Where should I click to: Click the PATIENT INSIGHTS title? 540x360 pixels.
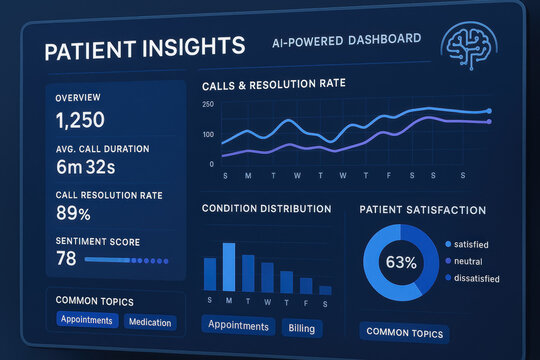tap(131, 47)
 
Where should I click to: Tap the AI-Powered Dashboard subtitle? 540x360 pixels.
tap(346, 41)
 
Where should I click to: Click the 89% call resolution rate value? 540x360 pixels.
tap(73, 214)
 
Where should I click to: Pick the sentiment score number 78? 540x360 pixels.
tap(66, 259)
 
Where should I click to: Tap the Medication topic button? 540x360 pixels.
tap(150, 322)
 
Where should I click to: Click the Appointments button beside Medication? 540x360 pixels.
tap(86, 322)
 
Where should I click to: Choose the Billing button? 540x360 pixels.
tap(301, 326)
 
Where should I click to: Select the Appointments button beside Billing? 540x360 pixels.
tap(238, 326)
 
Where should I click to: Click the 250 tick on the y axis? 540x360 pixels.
tap(208, 104)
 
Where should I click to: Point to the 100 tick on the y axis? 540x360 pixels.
tap(208, 134)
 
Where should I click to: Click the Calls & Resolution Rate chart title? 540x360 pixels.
tap(273, 84)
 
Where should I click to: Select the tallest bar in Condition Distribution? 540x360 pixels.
tap(229, 266)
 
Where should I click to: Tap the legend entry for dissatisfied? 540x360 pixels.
tap(476, 278)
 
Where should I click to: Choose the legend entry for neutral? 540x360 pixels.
tap(468, 261)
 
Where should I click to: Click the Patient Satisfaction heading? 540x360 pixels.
tap(422, 210)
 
